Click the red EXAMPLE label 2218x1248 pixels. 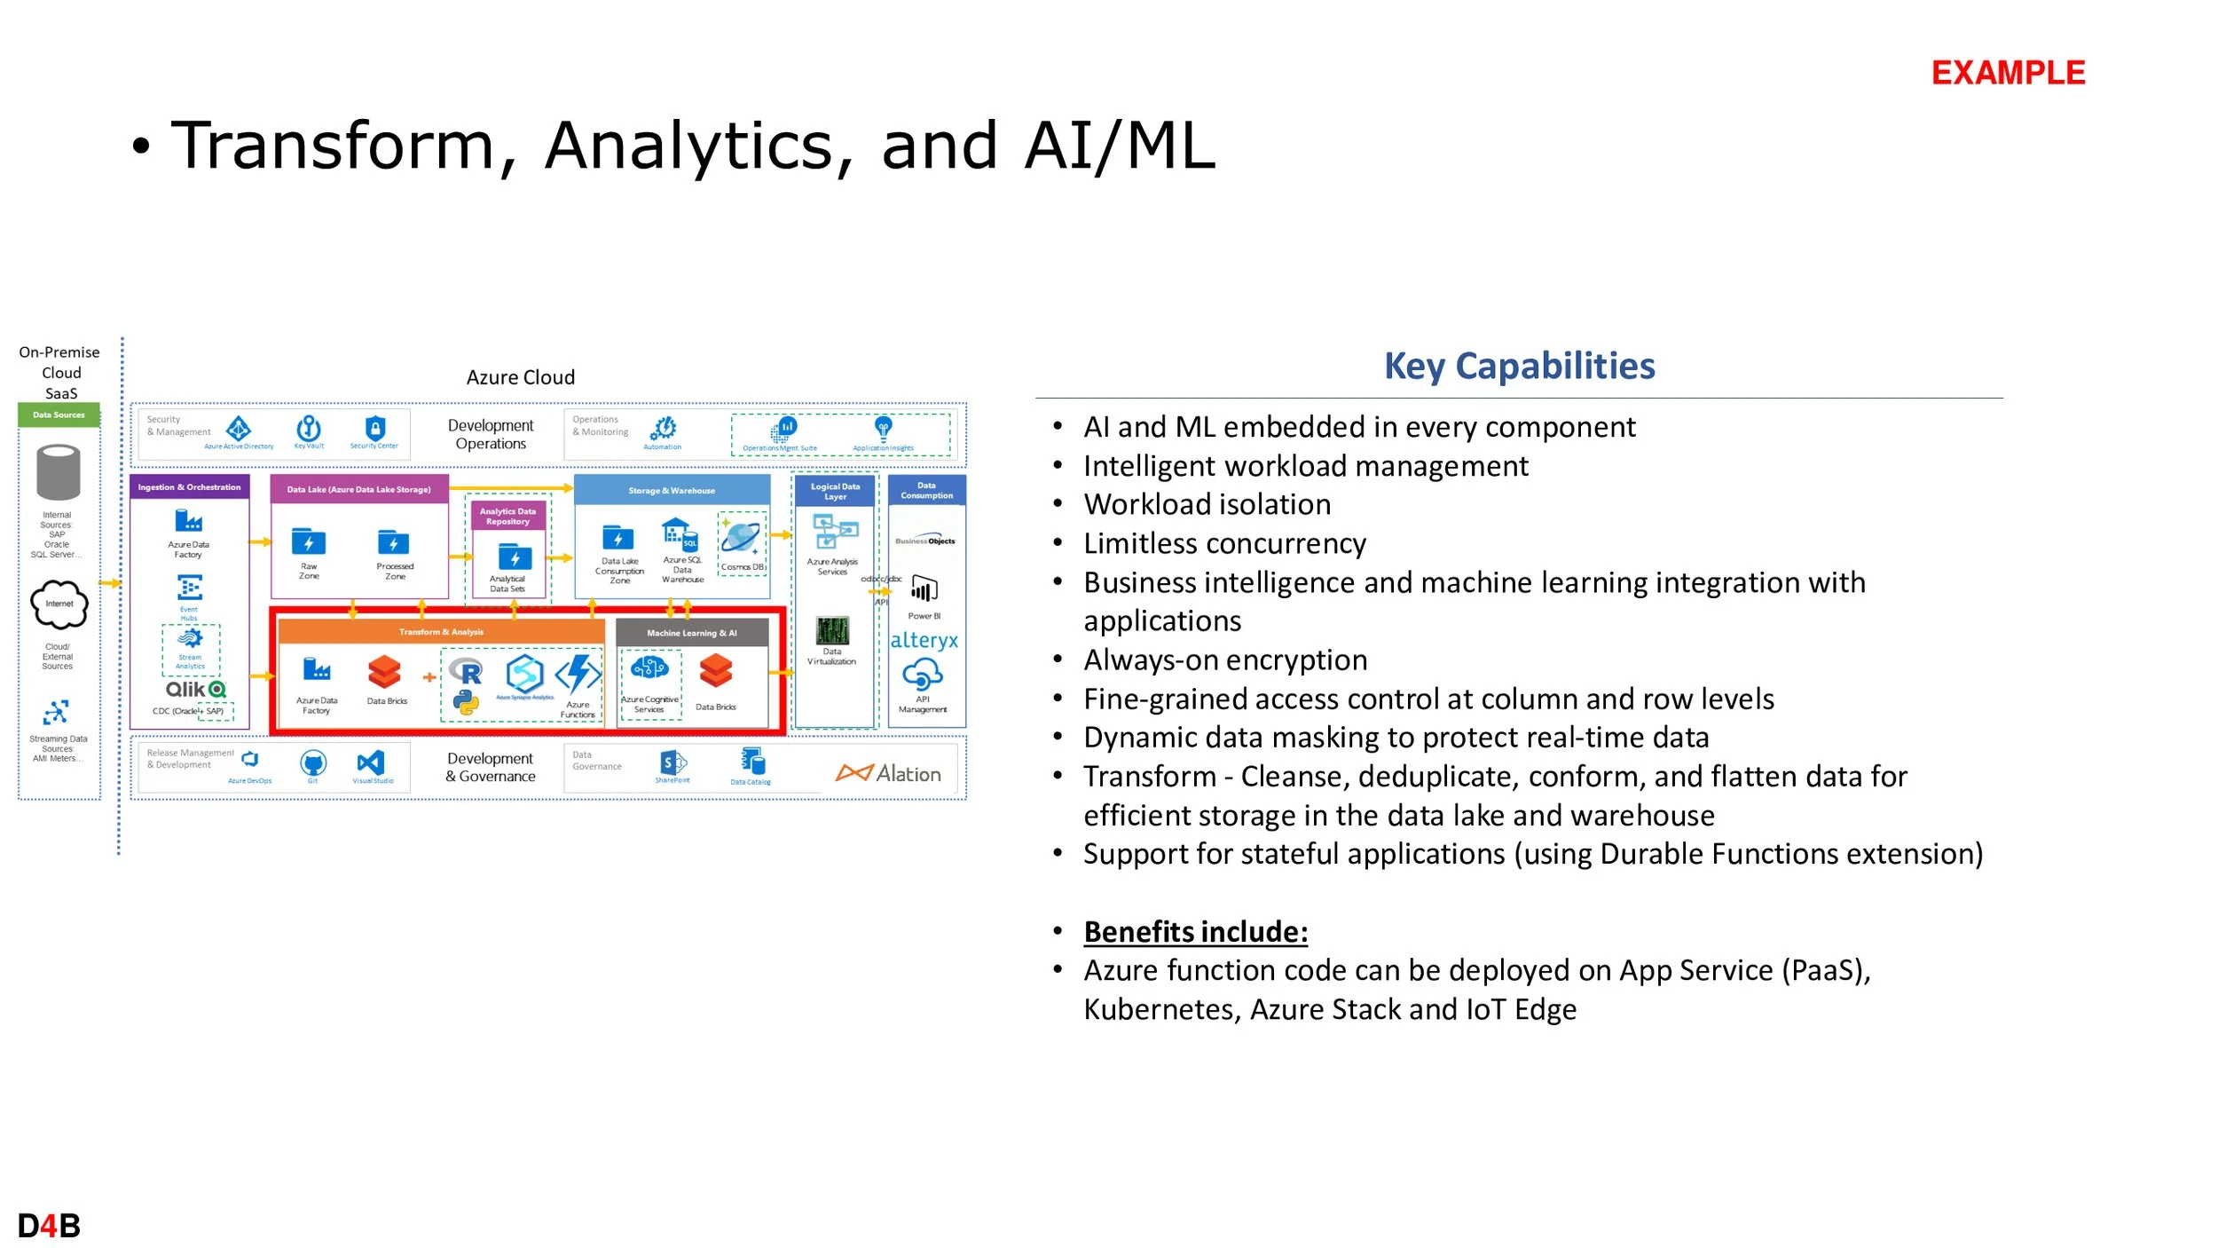(2008, 73)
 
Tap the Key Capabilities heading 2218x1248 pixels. (1519, 366)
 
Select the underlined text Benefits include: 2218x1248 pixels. (1195, 931)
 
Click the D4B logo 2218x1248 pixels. (49, 1226)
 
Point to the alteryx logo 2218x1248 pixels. (924, 640)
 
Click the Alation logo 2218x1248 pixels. (888, 773)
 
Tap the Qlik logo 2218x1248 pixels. (195, 689)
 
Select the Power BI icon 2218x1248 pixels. (924, 588)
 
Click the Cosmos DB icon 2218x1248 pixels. (741, 538)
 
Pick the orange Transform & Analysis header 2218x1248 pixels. (441, 632)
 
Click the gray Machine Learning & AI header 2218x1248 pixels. (691, 633)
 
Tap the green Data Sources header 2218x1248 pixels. (59, 415)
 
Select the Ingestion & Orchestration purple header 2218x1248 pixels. (189, 487)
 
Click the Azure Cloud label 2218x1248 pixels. (521, 377)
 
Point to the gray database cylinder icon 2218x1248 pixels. (59, 472)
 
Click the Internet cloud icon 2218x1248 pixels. (59, 604)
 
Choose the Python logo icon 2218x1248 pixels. (466, 703)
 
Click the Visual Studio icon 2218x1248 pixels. (371, 762)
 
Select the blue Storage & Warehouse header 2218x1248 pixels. (672, 490)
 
